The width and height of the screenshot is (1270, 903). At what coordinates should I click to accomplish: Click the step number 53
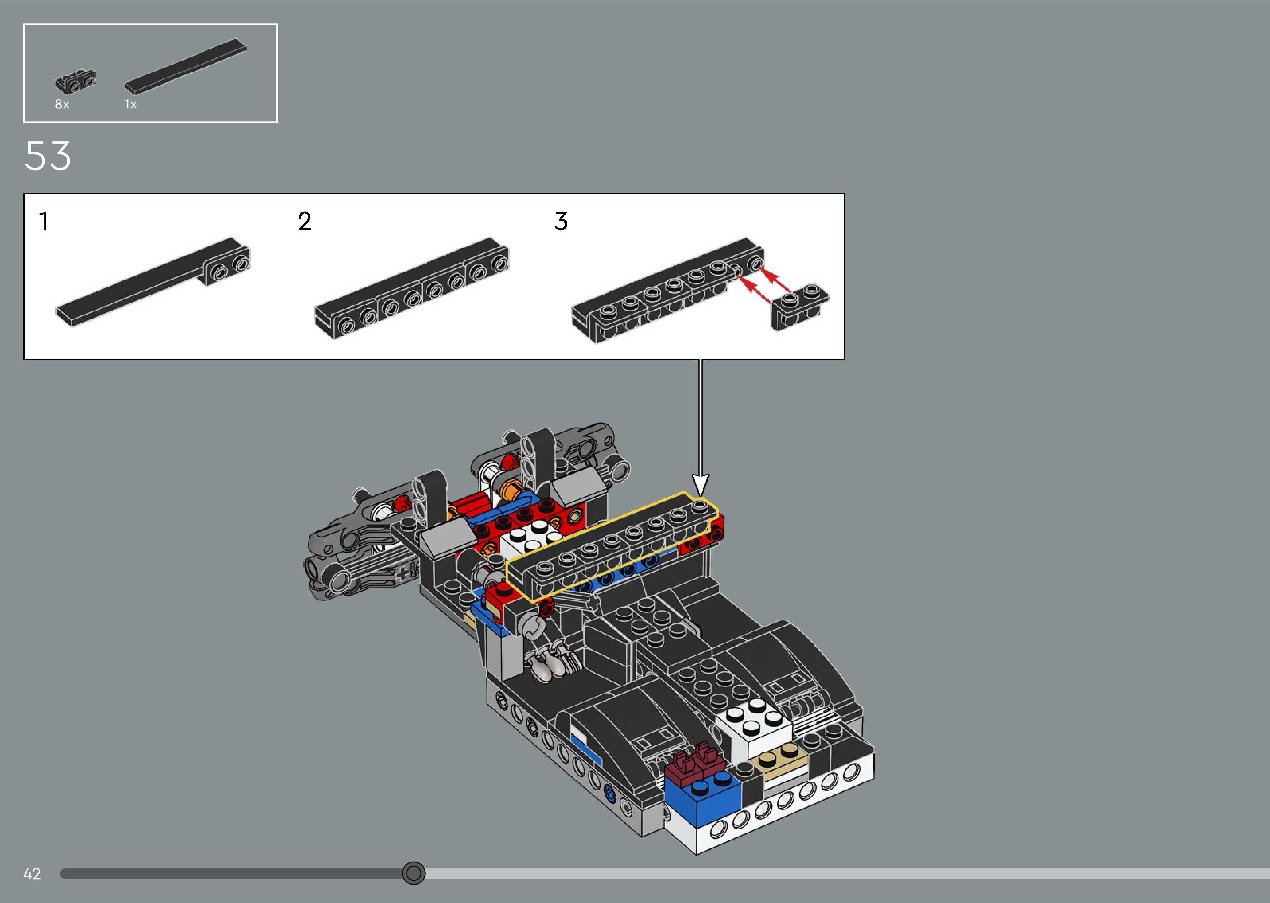48,156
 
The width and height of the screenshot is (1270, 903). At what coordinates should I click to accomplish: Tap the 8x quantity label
62,104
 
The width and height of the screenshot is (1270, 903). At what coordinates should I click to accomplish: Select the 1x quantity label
130,104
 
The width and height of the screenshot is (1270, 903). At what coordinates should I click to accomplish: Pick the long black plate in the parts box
186,67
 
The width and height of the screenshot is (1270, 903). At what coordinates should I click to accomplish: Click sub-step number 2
305,221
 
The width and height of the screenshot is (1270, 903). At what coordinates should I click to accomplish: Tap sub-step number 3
561,221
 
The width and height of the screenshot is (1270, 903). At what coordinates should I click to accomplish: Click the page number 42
32,874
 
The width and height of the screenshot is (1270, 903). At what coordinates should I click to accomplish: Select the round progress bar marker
413,873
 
